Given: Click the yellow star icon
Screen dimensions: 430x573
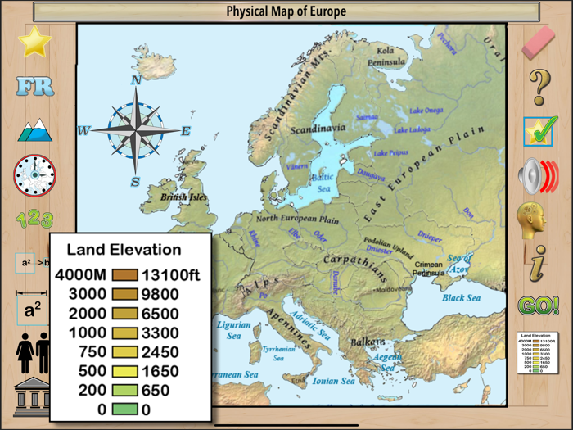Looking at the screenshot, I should (34, 42).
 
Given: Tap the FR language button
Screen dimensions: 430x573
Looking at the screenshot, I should (34, 86).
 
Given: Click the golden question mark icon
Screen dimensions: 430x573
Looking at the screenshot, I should (538, 86).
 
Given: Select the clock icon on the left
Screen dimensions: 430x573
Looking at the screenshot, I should (34, 174).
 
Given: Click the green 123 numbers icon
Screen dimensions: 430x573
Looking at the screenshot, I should (34, 219).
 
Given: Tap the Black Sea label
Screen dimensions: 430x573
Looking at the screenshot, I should (461, 298).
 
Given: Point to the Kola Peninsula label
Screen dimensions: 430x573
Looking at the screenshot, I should (386, 56).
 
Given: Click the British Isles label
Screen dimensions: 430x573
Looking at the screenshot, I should (183, 197).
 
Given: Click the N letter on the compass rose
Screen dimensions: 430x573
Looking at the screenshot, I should (136, 80).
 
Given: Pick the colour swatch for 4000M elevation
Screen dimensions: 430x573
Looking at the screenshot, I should (125, 275).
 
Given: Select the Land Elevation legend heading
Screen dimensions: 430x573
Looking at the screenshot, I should (124, 250).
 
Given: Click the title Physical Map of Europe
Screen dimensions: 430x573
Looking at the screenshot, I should (286, 11).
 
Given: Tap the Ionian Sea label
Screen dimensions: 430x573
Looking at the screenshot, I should (334, 381).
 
